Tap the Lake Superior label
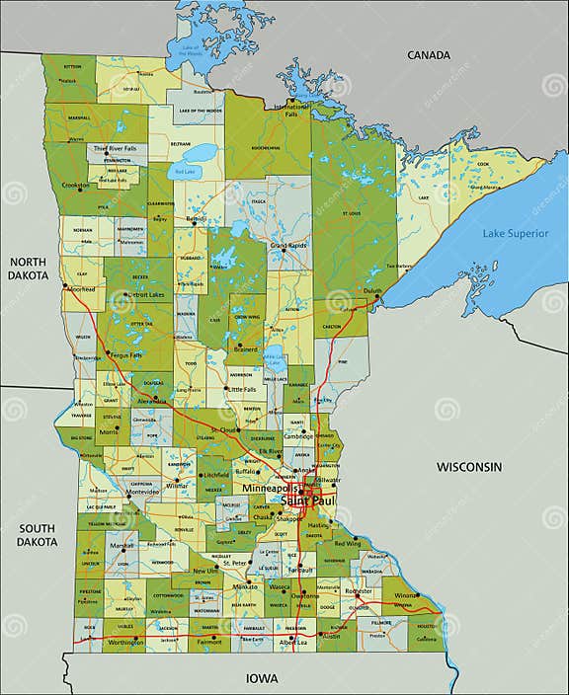513,233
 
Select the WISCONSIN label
470,466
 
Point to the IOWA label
263,678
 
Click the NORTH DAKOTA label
29,270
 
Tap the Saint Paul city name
309,502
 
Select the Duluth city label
371,292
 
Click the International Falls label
290,110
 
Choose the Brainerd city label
246,348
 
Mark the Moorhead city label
80,290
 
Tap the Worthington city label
124,643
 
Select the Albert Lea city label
293,643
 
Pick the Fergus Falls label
125,354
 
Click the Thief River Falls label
115,148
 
